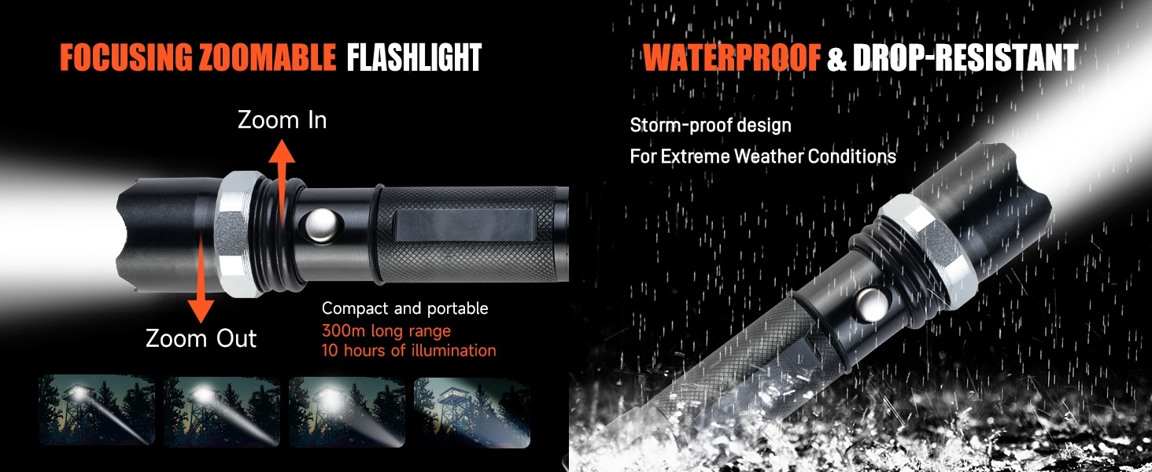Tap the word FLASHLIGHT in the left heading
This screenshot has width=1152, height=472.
pyautogui.click(x=414, y=57)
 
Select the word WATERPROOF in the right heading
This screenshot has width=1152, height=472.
pyautogui.click(x=732, y=57)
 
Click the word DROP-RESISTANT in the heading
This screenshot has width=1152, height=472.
pyautogui.click(x=966, y=57)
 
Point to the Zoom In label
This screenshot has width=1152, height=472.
pyautogui.click(x=282, y=120)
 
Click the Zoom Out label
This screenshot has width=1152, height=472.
pyautogui.click(x=201, y=339)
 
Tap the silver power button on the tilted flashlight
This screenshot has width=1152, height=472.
pyautogui.click(x=872, y=305)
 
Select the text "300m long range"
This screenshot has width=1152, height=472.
pyautogui.click(x=386, y=330)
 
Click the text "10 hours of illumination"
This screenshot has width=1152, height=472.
pyautogui.click(x=409, y=351)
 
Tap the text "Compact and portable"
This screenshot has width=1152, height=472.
pyautogui.click(x=404, y=308)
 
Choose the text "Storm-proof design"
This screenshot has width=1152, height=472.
pyautogui.click(x=711, y=125)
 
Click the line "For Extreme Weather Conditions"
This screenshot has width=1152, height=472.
pyautogui.click(x=762, y=157)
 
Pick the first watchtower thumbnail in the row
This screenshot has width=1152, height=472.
pyautogui.click(x=97, y=409)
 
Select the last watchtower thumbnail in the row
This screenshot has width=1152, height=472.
pyautogui.click(x=471, y=412)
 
